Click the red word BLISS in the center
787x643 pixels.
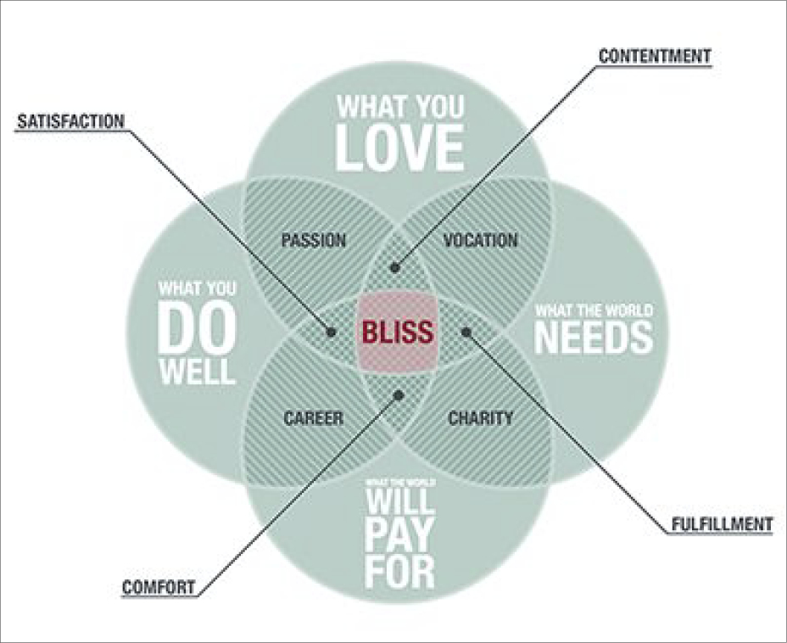pyautogui.click(x=398, y=331)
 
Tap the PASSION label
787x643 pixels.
pyautogui.click(x=314, y=241)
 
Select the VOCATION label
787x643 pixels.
pyautogui.click(x=480, y=240)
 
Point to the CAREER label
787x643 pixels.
pyautogui.click(x=314, y=418)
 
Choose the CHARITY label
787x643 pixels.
pyautogui.click(x=480, y=418)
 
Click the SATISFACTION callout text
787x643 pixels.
pyautogui.click(x=70, y=122)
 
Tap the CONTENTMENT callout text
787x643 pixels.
pyautogui.click(x=654, y=56)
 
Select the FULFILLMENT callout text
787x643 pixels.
pyautogui.click(x=720, y=524)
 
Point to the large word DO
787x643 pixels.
pyautogui.click(x=197, y=328)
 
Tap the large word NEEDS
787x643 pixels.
pyautogui.click(x=594, y=338)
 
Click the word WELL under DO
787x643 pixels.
pyautogui.click(x=197, y=372)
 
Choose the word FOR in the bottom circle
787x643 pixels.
pyautogui.click(x=399, y=572)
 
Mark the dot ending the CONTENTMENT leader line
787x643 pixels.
pyautogui.click(x=394, y=267)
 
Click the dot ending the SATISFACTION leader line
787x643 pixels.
pyautogui.click(x=332, y=331)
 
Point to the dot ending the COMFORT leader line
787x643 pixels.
pyautogui.click(x=399, y=394)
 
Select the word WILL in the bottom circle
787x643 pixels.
pyautogui.click(x=399, y=500)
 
